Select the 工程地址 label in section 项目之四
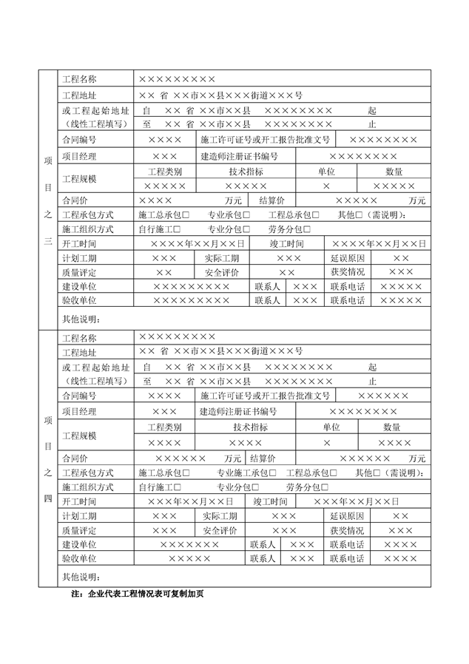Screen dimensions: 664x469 click(x=79, y=353)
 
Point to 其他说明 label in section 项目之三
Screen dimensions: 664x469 click(x=81, y=319)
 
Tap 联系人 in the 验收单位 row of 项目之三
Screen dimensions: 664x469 click(x=267, y=301)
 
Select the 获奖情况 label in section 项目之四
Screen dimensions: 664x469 click(x=347, y=531)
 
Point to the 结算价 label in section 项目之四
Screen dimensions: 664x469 click(x=263, y=458)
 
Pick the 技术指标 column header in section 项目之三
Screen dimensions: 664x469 click(x=246, y=172)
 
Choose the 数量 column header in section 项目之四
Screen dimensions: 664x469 click(x=392, y=427)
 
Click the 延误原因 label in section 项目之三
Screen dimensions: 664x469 click(x=348, y=258)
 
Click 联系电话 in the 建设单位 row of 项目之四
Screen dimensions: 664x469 click(x=347, y=545)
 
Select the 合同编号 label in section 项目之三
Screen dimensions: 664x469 click(x=79, y=139)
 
